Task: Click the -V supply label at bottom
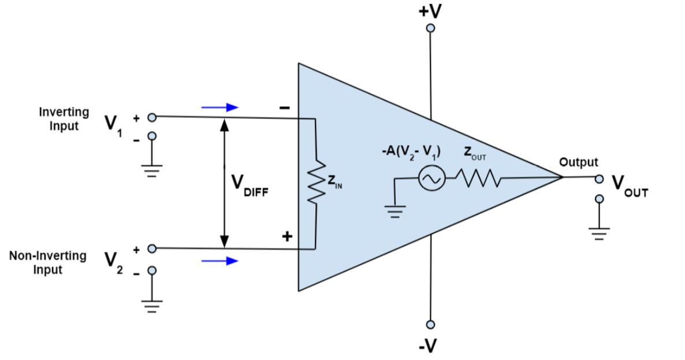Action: pos(428,346)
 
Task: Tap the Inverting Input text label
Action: pos(64,118)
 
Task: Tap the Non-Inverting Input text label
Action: pos(48,262)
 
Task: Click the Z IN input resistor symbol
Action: pos(314,183)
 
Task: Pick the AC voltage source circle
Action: pos(430,180)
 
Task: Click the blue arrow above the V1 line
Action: pos(219,107)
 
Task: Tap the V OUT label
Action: pos(628,185)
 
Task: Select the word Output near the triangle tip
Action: pos(578,162)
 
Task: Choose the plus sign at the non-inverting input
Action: pos(286,237)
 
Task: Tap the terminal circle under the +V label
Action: pos(429,28)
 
